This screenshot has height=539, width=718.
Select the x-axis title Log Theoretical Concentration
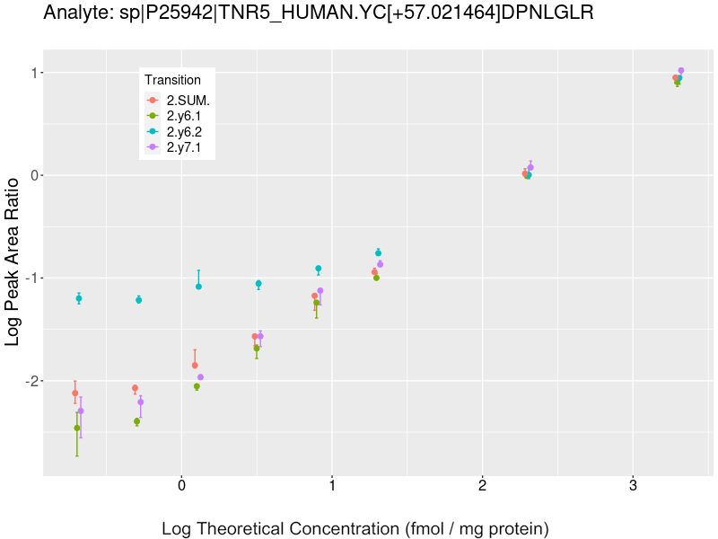click(x=355, y=528)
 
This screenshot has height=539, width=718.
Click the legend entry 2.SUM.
click(x=188, y=100)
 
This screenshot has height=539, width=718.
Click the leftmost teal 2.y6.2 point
click(x=79, y=298)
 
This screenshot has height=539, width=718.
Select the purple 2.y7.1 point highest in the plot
click(x=681, y=70)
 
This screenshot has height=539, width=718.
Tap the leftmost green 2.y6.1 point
click(x=77, y=429)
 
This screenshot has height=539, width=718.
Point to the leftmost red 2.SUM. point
click(x=75, y=393)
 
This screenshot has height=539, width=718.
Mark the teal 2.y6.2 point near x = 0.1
click(x=198, y=287)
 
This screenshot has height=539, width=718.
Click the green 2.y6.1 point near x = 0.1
click(x=197, y=387)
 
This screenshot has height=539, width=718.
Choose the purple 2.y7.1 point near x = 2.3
click(x=530, y=167)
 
